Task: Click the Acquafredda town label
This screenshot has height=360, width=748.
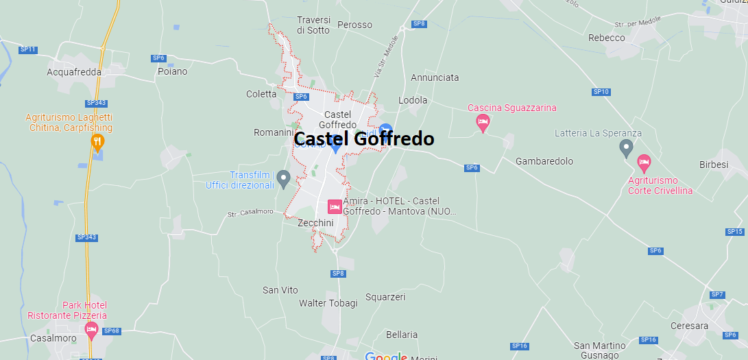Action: pyautogui.click(x=74, y=71)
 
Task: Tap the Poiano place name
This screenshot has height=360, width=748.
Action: pyautogui.click(x=172, y=71)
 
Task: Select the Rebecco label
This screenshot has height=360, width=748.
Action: pyautogui.click(x=607, y=38)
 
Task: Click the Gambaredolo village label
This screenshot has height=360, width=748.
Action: pyautogui.click(x=544, y=161)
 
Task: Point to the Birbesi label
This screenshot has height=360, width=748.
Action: pyautogui.click(x=714, y=165)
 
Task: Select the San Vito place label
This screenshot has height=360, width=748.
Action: pyautogui.click(x=280, y=290)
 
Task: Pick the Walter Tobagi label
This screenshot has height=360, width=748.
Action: pyautogui.click(x=328, y=303)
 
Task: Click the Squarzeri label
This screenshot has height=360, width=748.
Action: pyautogui.click(x=385, y=297)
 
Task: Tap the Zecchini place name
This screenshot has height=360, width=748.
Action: pyautogui.click(x=315, y=223)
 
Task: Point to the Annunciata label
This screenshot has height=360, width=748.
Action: pyautogui.click(x=435, y=77)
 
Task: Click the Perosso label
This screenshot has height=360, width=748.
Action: pyautogui.click(x=355, y=25)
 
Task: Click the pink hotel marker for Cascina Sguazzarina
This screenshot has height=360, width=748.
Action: pyautogui.click(x=483, y=123)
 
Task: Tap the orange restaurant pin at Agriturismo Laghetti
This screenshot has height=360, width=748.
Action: pyautogui.click(x=98, y=143)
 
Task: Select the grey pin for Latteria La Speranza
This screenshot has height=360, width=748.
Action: pyautogui.click(x=626, y=147)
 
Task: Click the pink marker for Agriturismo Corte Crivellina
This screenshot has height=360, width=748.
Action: pyautogui.click(x=643, y=163)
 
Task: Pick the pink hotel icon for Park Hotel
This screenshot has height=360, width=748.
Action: pyautogui.click(x=91, y=331)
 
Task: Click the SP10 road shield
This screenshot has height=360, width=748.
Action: pyautogui.click(x=601, y=91)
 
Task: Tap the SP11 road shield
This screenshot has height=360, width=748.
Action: pyautogui.click(x=27, y=49)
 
